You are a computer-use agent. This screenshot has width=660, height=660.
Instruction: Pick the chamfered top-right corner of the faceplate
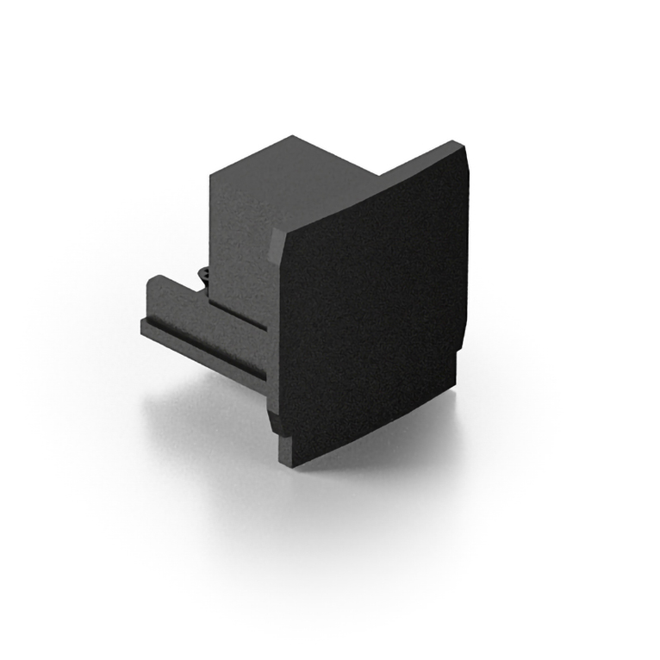[464, 156]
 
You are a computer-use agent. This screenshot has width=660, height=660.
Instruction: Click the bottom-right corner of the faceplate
[454, 386]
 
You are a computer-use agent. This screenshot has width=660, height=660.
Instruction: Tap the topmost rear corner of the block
[293, 137]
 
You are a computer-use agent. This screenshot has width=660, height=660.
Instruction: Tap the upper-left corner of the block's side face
[213, 177]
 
